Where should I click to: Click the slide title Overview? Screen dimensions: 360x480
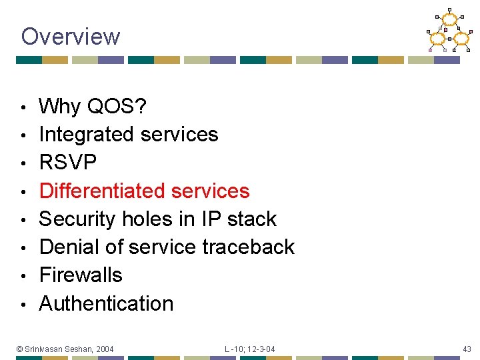pyautogui.click(x=70, y=36)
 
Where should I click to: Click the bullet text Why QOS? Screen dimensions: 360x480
pyautogui.click(x=94, y=106)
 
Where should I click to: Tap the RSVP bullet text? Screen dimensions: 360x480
pyautogui.click(x=68, y=162)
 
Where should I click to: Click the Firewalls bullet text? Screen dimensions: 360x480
pyautogui.click(x=81, y=275)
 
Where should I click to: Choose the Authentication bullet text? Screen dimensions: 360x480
pyautogui.click(x=106, y=303)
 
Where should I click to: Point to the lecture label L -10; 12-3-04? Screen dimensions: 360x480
pyautogui.click(x=249, y=349)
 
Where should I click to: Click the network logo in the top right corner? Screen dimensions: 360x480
pyautogui.click(x=449, y=31)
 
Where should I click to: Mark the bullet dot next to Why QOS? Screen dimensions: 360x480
pyautogui.click(x=23, y=107)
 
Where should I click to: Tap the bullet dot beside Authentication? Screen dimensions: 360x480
pyautogui.click(x=23, y=305)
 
